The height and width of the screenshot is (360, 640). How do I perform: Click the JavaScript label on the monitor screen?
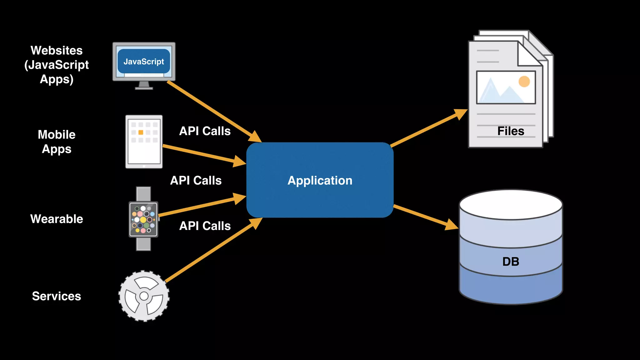[x=144, y=62]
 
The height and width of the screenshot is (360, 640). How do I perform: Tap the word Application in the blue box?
[x=320, y=181]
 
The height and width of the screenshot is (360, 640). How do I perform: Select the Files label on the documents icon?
[x=511, y=131]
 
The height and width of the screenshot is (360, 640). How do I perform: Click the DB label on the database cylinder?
[x=511, y=261]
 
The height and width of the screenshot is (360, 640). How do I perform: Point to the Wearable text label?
[x=57, y=219]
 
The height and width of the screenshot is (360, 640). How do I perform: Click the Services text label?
[x=57, y=296]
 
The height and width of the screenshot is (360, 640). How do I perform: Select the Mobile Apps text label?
[x=57, y=142]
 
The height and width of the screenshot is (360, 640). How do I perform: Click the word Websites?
[x=57, y=50]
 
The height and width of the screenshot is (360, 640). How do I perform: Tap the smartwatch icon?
[x=143, y=219]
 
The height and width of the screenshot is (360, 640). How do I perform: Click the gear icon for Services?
[x=144, y=296]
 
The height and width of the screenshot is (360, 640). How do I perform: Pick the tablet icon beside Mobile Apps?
[x=144, y=142]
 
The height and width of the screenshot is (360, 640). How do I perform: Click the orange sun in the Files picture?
[x=524, y=82]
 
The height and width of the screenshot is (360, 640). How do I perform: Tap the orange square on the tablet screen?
[x=141, y=132]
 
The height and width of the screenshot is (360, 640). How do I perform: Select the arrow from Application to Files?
[x=429, y=128]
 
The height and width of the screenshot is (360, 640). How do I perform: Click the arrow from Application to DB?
[x=426, y=217]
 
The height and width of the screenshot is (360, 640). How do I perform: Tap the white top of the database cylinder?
[x=511, y=205]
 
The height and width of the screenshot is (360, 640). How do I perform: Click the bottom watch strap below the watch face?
[x=143, y=244]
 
